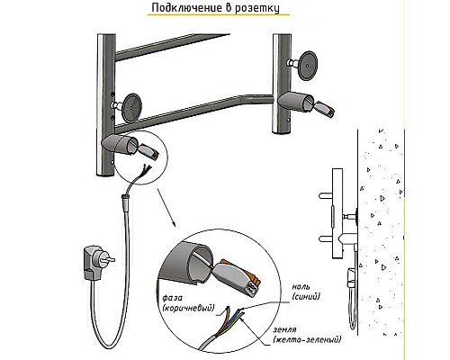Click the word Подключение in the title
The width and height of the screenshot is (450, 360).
pos(186,7)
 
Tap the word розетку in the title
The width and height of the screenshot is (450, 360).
pos(256,8)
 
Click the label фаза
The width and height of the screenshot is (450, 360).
pos(172,298)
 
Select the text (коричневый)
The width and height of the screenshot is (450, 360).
pos(188,308)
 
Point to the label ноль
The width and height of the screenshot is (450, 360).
pos(301,287)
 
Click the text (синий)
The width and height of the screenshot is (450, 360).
pos(305,296)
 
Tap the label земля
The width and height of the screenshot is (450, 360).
pos(284,330)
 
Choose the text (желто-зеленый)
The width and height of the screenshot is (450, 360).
pos(307,339)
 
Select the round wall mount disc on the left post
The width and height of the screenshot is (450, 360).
pos(132,107)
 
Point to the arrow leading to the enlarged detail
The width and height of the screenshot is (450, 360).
pos(166,207)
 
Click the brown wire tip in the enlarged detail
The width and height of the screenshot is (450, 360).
pos(227,309)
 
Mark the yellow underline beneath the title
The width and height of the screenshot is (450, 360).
pos(219,14)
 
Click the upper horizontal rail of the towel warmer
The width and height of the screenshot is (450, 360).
pos(173,48)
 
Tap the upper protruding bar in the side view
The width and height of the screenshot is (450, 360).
pos(325,196)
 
